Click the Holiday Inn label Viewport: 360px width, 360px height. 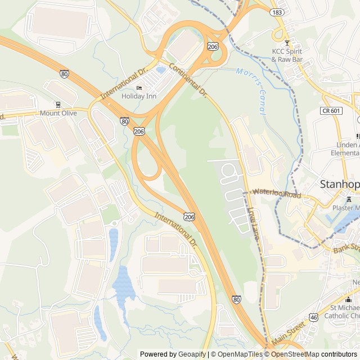pyautogui.click(x=139, y=96)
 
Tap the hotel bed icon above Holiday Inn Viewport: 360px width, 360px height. pyautogui.click(x=139, y=88)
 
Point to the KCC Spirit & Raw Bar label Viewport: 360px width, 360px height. pyautogui.click(x=287, y=55)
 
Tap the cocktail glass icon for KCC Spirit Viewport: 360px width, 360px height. pyautogui.click(x=287, y=43)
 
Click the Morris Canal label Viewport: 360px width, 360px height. pyautogui.click(x=251, y=90)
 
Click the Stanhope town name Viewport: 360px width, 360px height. pyautogui.click(x=339, y=184)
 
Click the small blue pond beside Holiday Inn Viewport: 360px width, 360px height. pyautogui.click(x=161, y=70)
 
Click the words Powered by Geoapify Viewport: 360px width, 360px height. pyautogui.click(x=173, y=354)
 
